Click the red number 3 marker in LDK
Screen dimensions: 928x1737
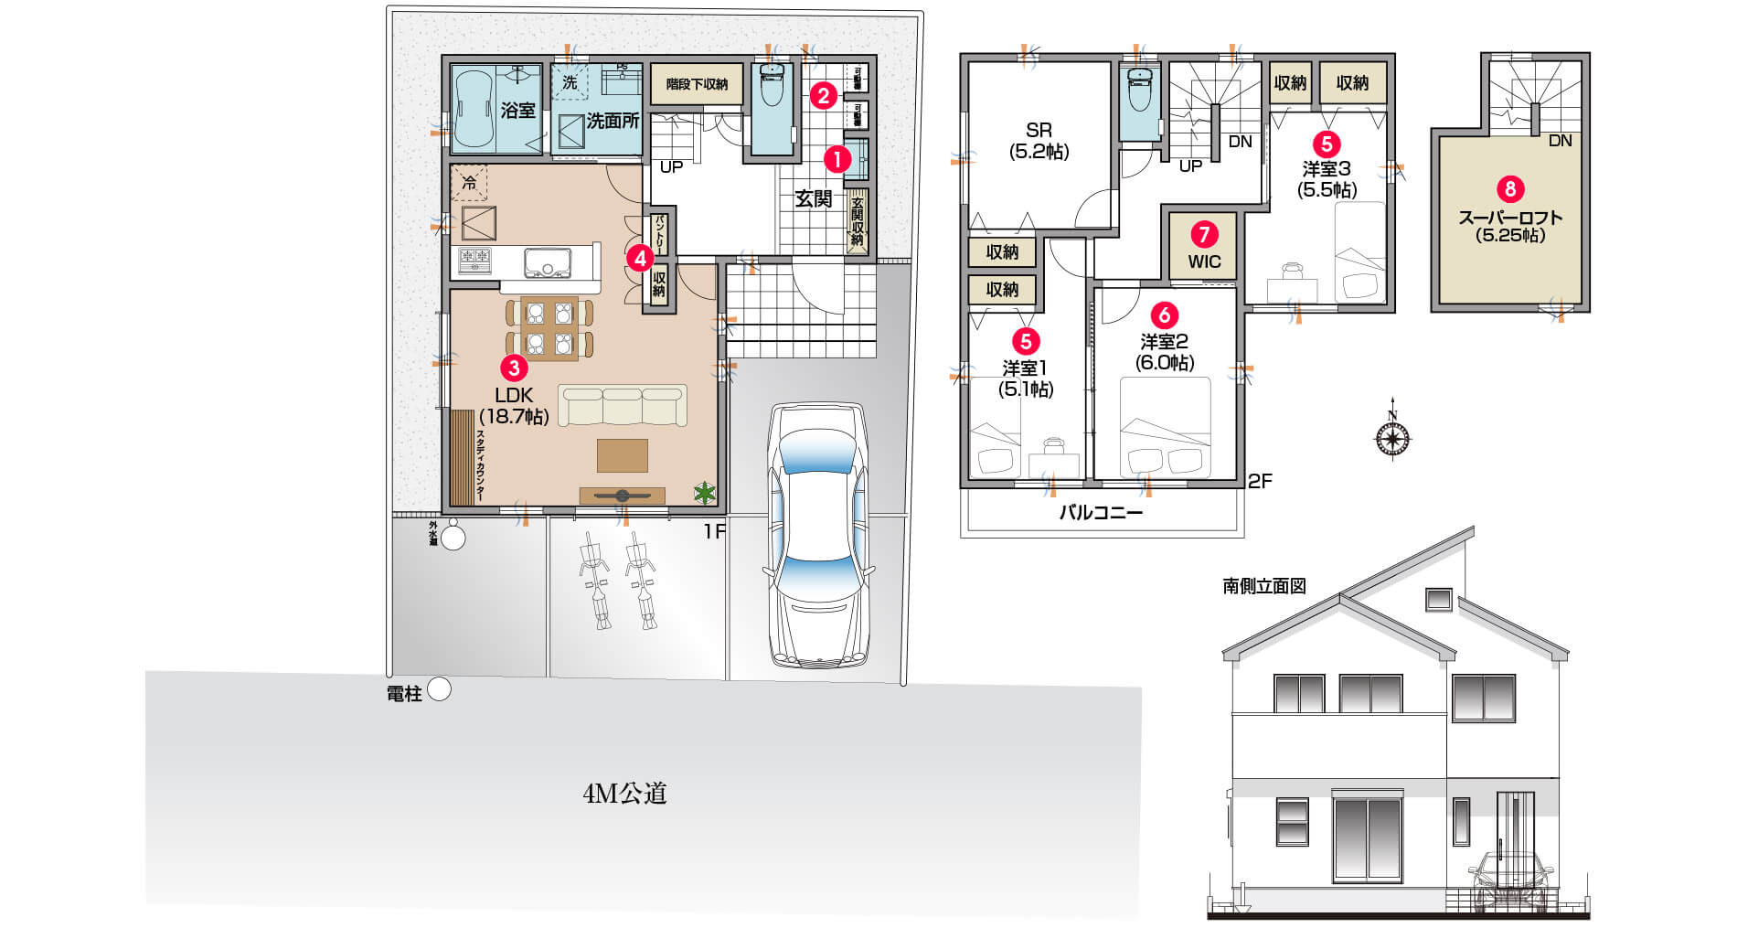point(515,368)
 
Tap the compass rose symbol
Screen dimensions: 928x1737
point(1391,439)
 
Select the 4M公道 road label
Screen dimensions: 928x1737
point(624,794)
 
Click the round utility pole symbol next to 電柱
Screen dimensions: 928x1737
point(440,689)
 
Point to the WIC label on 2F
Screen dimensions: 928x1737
point(1204,261)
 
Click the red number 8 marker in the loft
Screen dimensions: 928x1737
point(1510,189)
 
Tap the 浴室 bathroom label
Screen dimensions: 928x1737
point(518,111)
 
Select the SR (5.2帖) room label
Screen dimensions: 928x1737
point(1039,142)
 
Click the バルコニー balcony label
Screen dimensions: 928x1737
point(1101,513)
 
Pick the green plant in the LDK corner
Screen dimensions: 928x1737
point(704,494)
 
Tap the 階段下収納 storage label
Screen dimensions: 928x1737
point(697,84)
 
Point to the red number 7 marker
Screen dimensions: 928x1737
point(1204,235)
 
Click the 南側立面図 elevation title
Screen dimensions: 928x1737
point(1264,586)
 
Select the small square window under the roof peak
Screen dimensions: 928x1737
point(1439,599)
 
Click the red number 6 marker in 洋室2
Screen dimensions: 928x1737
point(1164,315)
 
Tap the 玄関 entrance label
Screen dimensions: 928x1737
point(813,199)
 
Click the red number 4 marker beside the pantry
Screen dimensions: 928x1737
point(641,259)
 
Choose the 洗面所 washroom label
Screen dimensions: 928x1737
point(613,121)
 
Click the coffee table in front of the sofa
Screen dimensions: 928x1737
point(623,454)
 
